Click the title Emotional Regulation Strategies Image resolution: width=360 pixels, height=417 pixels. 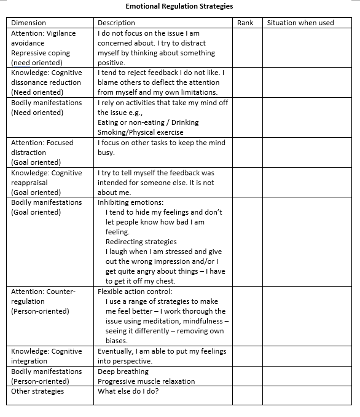(x=179, y=7)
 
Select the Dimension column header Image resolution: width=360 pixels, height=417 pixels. (x=29, y=23)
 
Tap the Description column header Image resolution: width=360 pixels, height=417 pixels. (x=116, y=23)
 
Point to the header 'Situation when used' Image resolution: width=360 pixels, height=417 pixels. (x=300, y=23)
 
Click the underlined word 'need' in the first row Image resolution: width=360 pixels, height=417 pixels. (x=22, y=63)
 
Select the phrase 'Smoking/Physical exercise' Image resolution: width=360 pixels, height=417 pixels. (x=140, y=132)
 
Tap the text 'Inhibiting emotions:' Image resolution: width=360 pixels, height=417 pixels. (x=130, y=202)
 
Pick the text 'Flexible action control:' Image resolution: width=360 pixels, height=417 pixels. (x=135, y=292)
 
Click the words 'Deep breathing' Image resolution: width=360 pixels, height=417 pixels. (x=123, y=371)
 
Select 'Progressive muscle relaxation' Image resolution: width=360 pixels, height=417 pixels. (x=146, y=381)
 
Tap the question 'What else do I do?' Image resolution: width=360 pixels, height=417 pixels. (x=128, y=391)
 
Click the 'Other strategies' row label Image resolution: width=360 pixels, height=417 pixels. (x=37, y=391)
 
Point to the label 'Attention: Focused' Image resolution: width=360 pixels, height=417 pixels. (x=42, y=143)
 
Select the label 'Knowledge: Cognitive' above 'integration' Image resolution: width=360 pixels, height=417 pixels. (x=46, y=351)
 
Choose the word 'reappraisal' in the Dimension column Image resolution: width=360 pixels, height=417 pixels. (x=29, y=183)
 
